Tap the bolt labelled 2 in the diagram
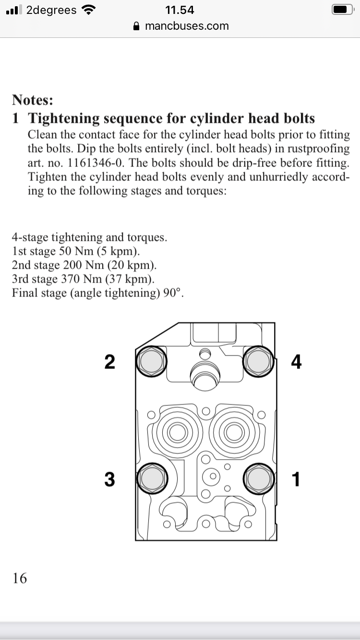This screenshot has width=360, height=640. click(x=151, y=361)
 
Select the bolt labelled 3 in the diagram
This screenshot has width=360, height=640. click(x=152, y=479)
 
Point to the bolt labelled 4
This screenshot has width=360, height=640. click(x=258, y=361)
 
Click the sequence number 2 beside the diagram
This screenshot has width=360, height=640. click(x=109, y=362)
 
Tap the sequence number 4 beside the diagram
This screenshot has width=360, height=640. click(x=296, y=362)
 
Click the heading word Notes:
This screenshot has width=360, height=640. click(x=33, y=100)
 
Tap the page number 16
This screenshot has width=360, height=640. click(x=20, y=579)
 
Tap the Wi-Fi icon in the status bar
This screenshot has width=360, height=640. click(x=88, y=10)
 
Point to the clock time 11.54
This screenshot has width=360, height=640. click(x=180, y=10)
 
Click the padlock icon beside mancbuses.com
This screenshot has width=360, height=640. click(x=137, y=26)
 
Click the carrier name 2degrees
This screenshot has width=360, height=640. click(x=51, y=10)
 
